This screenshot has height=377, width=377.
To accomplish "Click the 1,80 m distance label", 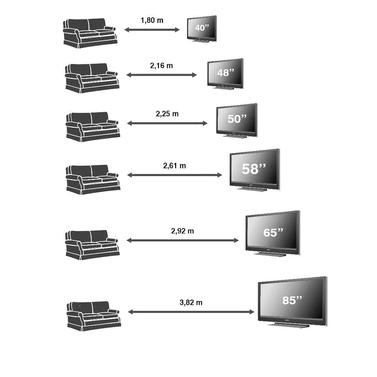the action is click(x=152, y=20).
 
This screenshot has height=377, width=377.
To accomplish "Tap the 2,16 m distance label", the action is click(x=161, y=65).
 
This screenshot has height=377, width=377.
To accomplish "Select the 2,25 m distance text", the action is click(x=167, y=114).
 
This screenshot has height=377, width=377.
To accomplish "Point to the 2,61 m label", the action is click(x=174, y=166).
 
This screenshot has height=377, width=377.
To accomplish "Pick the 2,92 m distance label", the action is click(x=183, y=231).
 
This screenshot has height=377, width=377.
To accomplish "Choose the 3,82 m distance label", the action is click(x=191, y=303).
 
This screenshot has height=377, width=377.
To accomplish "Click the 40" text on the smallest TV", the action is click(x=202, y=28).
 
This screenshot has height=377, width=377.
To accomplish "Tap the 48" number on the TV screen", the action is click(x=226, y=73).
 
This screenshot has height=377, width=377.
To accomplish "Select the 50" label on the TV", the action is click(x=237, y=119).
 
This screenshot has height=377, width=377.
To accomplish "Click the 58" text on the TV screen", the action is click(x=254, y=169).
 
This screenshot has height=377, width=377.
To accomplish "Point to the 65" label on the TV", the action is click(x=273, y=233).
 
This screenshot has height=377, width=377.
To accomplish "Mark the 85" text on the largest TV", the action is click(x=292, y=300).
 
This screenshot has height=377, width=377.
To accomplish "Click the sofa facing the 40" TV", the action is click(x=90, y=33).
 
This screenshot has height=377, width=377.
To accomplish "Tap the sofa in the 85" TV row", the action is click(x=94, y=316).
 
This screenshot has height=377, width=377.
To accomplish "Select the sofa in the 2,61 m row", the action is click(x=93, y=180).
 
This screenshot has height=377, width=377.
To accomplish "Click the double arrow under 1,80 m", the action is click(x=152, y=30).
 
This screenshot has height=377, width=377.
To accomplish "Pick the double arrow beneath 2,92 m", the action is click(x=183, y=240).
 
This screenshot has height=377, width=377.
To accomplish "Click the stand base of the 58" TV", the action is click(x=252, y=189).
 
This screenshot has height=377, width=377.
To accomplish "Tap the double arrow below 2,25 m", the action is click(x=167, y=123).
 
